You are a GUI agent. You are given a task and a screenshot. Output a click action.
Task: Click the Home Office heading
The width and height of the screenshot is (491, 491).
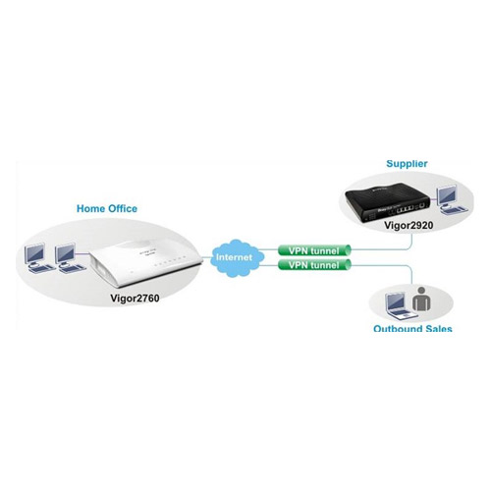tap(107, 209)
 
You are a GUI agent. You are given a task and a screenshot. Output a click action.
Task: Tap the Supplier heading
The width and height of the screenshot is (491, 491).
tap(407, 164)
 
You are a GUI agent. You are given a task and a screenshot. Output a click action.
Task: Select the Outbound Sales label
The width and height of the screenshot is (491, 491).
tap(412, 328)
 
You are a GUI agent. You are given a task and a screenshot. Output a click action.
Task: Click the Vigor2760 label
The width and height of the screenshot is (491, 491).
tap(135, 299)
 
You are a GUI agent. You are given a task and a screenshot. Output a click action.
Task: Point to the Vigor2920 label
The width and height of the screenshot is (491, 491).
tap(409, 225)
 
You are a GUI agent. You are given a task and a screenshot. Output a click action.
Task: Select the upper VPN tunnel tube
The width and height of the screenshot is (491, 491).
tap(314, 250)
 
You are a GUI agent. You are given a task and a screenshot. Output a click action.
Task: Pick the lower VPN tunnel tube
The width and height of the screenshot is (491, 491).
tap(314, 264)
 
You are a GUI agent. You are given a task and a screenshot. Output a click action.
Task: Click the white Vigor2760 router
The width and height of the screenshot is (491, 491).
tap(146, 263)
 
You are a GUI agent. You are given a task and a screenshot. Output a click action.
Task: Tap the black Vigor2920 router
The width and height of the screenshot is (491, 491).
tap(387, 204)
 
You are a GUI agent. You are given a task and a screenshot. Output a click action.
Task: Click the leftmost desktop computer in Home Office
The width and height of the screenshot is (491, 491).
tap(37, 257)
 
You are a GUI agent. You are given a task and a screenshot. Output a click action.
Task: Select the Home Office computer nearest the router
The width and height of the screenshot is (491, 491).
tap(69, 257)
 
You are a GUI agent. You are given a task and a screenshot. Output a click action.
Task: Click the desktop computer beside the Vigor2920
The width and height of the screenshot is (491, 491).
tap(452, 199)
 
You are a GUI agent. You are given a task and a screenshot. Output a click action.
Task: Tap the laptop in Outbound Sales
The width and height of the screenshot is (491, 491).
tap(400, 306)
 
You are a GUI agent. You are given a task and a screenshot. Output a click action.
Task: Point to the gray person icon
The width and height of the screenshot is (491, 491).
tap(421, 300)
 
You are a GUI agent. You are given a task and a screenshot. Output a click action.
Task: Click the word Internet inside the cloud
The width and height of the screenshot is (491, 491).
tap(234, 257)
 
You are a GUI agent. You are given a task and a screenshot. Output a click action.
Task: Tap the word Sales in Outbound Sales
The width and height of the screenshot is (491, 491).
tap(437, 328)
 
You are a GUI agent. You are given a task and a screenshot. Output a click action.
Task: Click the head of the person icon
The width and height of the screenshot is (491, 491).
tap(421, 291)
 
